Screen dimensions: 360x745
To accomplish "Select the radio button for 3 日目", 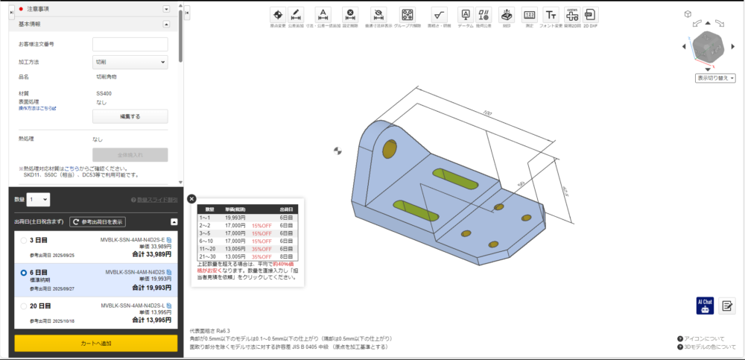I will point(23,240).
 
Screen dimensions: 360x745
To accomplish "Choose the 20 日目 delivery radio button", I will point(23,306).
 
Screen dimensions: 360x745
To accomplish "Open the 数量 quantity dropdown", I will point(38,199).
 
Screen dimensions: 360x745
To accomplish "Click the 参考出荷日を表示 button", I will point(98,221).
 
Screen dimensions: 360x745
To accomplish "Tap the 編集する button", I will point(130,116).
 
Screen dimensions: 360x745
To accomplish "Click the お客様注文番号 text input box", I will point(130,45).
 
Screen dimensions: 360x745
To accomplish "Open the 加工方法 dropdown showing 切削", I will point(130,62).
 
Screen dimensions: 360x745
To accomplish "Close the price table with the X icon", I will point(191,199).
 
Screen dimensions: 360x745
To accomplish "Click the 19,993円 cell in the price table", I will point(235,217).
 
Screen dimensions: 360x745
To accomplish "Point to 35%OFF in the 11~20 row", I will point(261,249).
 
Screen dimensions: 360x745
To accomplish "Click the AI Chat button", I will point(704,306).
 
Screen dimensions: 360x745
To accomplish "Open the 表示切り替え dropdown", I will point(715,78).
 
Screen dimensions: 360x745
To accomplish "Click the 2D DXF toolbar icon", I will point(590,16).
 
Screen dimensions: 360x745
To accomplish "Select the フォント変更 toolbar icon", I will point(551,16).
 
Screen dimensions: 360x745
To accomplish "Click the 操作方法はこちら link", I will point(37,108).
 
